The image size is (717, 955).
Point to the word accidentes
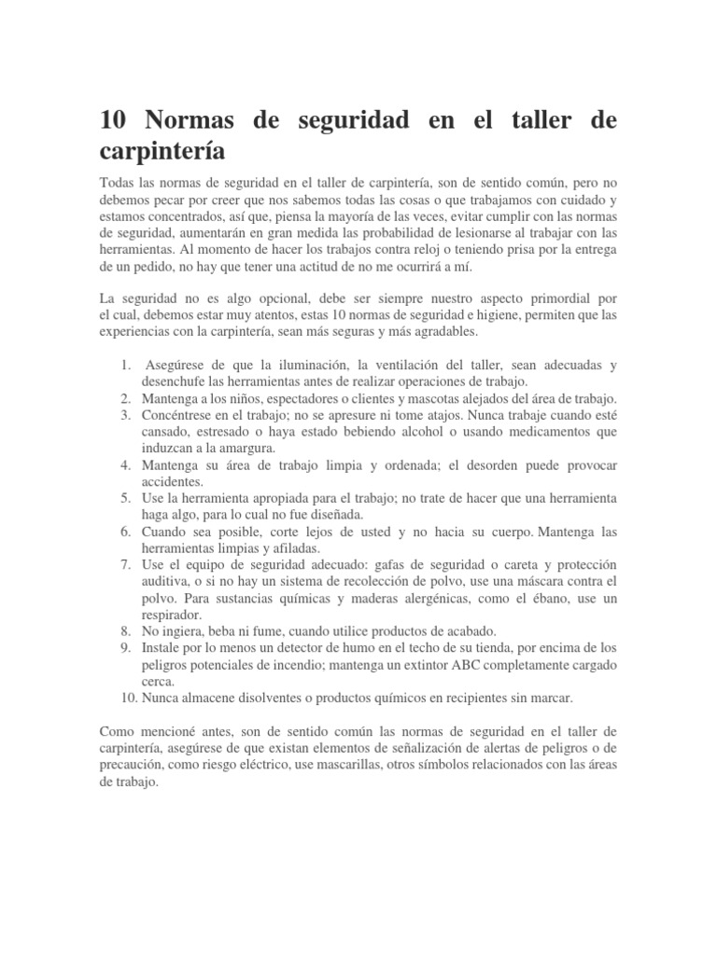(172, 481)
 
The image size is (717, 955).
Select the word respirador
(171, 615)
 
